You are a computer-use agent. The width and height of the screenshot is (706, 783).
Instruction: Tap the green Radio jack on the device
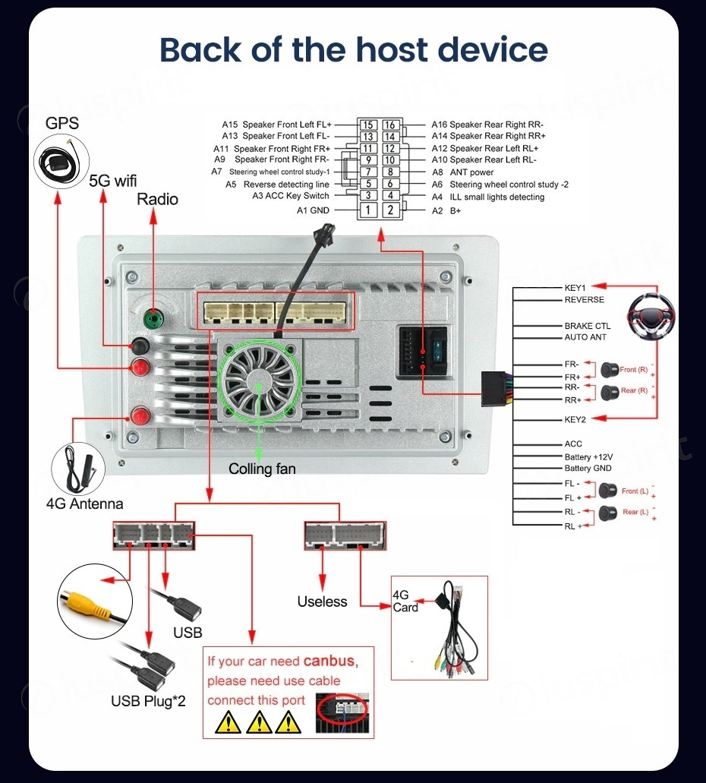point(153,318)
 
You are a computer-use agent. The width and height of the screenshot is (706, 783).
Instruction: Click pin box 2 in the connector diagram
point(390,210)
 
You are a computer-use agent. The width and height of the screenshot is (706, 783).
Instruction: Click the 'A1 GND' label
point(313,210)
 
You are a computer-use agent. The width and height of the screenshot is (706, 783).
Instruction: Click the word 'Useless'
point(322,601)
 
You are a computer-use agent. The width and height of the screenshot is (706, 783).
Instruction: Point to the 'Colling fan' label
point(262,469)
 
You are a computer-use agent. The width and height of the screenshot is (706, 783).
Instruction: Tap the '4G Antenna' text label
point(84,504)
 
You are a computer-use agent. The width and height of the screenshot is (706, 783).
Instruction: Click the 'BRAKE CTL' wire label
point(587,326)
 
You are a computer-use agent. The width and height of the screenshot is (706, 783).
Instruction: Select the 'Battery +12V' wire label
point(588,456)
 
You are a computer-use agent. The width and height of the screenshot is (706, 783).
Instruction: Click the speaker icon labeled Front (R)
point(609,370)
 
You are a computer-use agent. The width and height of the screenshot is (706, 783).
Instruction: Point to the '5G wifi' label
point(112,181)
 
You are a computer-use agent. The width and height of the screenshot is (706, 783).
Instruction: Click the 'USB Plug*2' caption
point(148,700)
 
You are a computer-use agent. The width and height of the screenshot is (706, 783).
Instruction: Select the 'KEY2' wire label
point(575,419)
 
